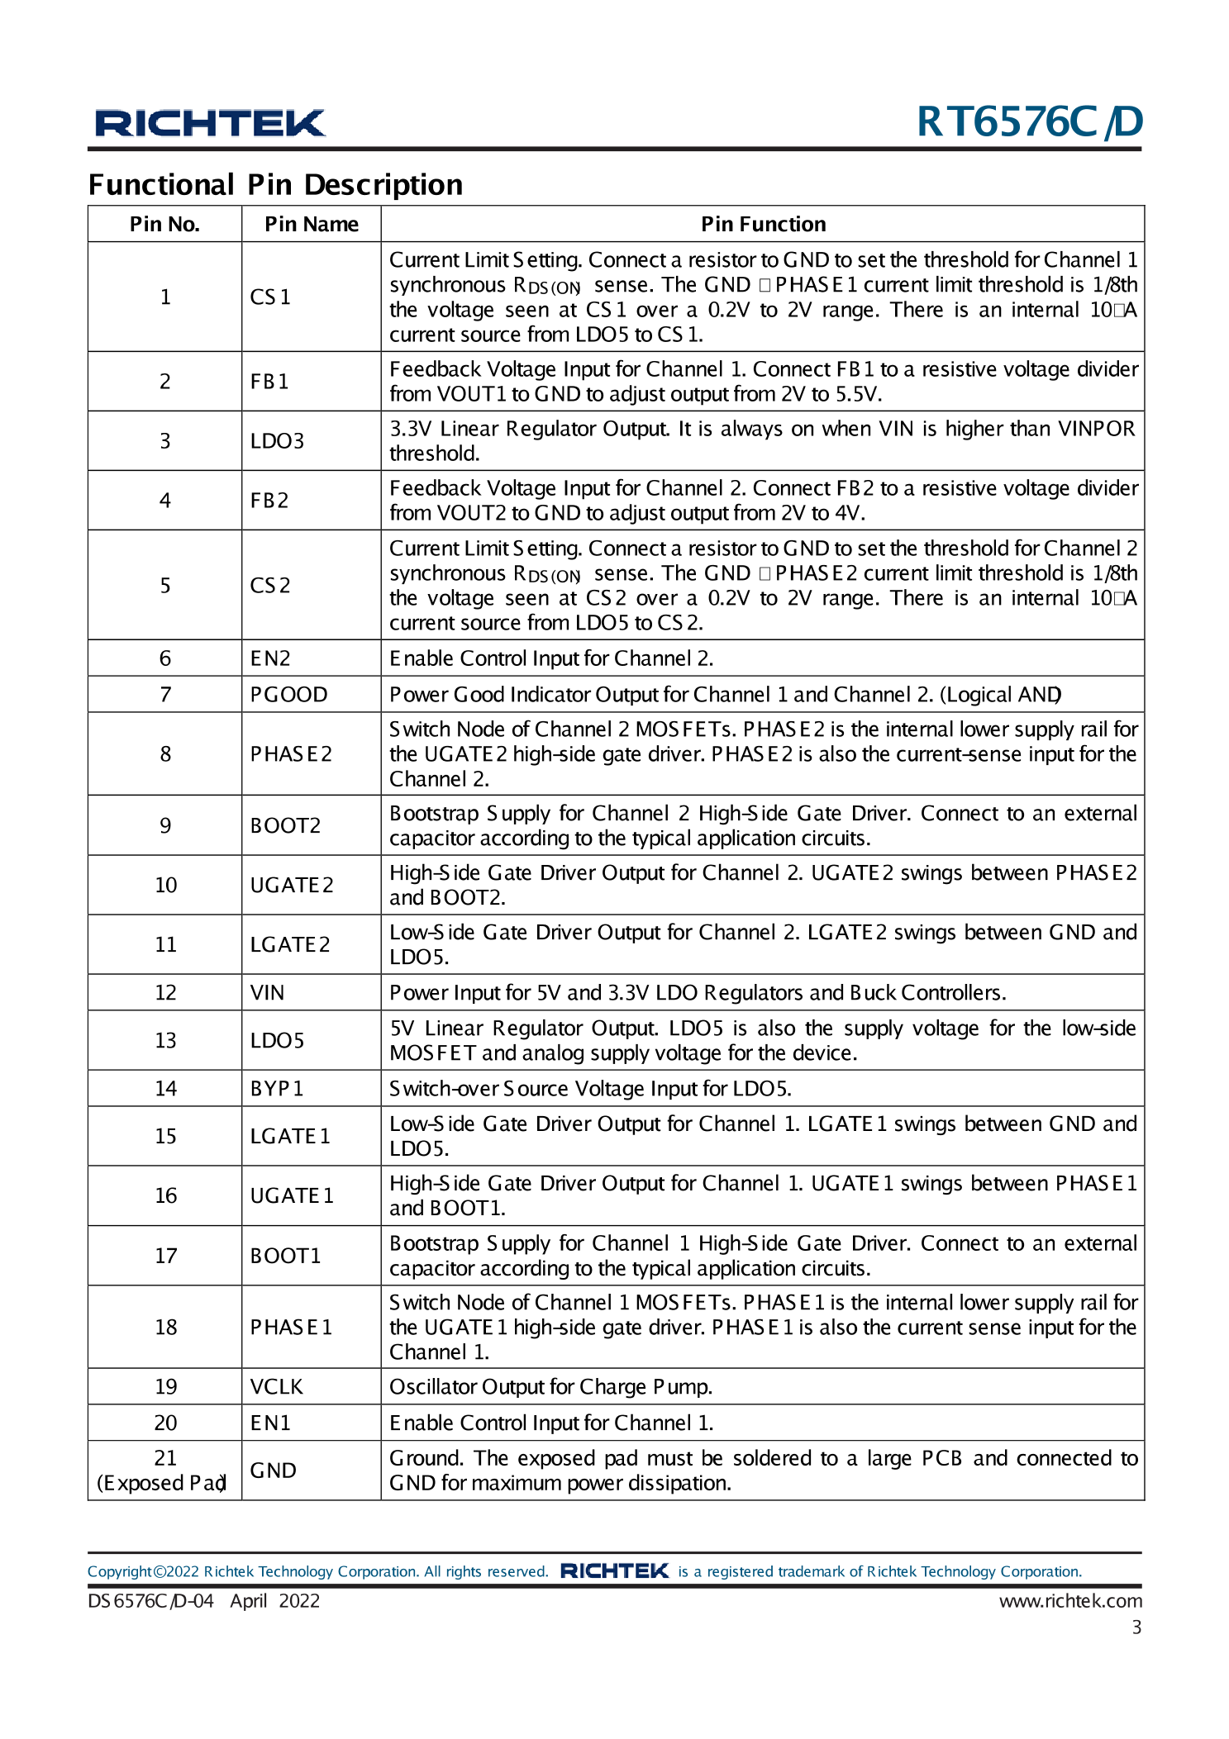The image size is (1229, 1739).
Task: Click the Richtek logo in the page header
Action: coord(210,123)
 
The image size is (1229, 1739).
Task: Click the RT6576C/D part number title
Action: coord(1029,122)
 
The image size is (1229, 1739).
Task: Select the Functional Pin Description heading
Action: coord(275,184)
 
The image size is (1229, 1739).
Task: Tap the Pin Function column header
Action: coord(762,224)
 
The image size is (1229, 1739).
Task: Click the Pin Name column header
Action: coord(311,224)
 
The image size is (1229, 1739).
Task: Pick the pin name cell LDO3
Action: coord(277,441)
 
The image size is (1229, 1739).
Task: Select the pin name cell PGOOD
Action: coord(288,694)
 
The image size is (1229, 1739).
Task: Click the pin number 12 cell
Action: coord(165,992)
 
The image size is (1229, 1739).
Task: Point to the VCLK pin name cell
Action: coord(276,1386)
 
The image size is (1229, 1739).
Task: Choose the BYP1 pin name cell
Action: coord(277,1088)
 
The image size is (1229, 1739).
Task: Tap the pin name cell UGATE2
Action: coord(291,885)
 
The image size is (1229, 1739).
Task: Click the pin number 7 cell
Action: coord(165,694)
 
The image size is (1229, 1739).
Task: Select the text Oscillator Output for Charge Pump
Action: coord(550,1386)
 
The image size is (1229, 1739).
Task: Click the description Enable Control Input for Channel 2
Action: coord(551,658)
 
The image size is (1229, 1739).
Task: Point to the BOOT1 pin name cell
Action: coord(285,1256)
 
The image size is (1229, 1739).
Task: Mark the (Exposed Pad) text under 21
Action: coord(162,1483)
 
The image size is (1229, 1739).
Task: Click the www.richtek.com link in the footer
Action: coord(1069,1600)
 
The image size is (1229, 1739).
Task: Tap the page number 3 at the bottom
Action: coord(1136,1627)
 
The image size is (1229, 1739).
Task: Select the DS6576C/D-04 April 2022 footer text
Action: coord(203,1600)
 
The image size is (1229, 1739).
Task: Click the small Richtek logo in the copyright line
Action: coord(614,1570)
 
